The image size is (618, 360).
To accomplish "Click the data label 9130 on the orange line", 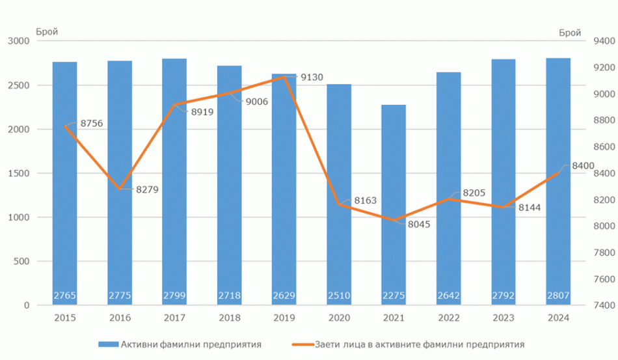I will point(312,77).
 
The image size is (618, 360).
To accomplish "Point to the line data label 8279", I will point(147,189).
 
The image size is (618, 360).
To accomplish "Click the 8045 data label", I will point(418,224).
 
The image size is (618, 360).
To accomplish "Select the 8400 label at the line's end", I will point(583,166).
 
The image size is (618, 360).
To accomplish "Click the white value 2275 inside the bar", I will point(394,296).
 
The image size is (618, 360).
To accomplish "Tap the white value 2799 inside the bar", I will point(174,296).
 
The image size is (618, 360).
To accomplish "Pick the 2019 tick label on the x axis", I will point(284,318).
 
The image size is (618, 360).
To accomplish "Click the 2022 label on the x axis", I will point(449,318).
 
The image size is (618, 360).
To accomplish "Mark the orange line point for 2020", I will point(339,204).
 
